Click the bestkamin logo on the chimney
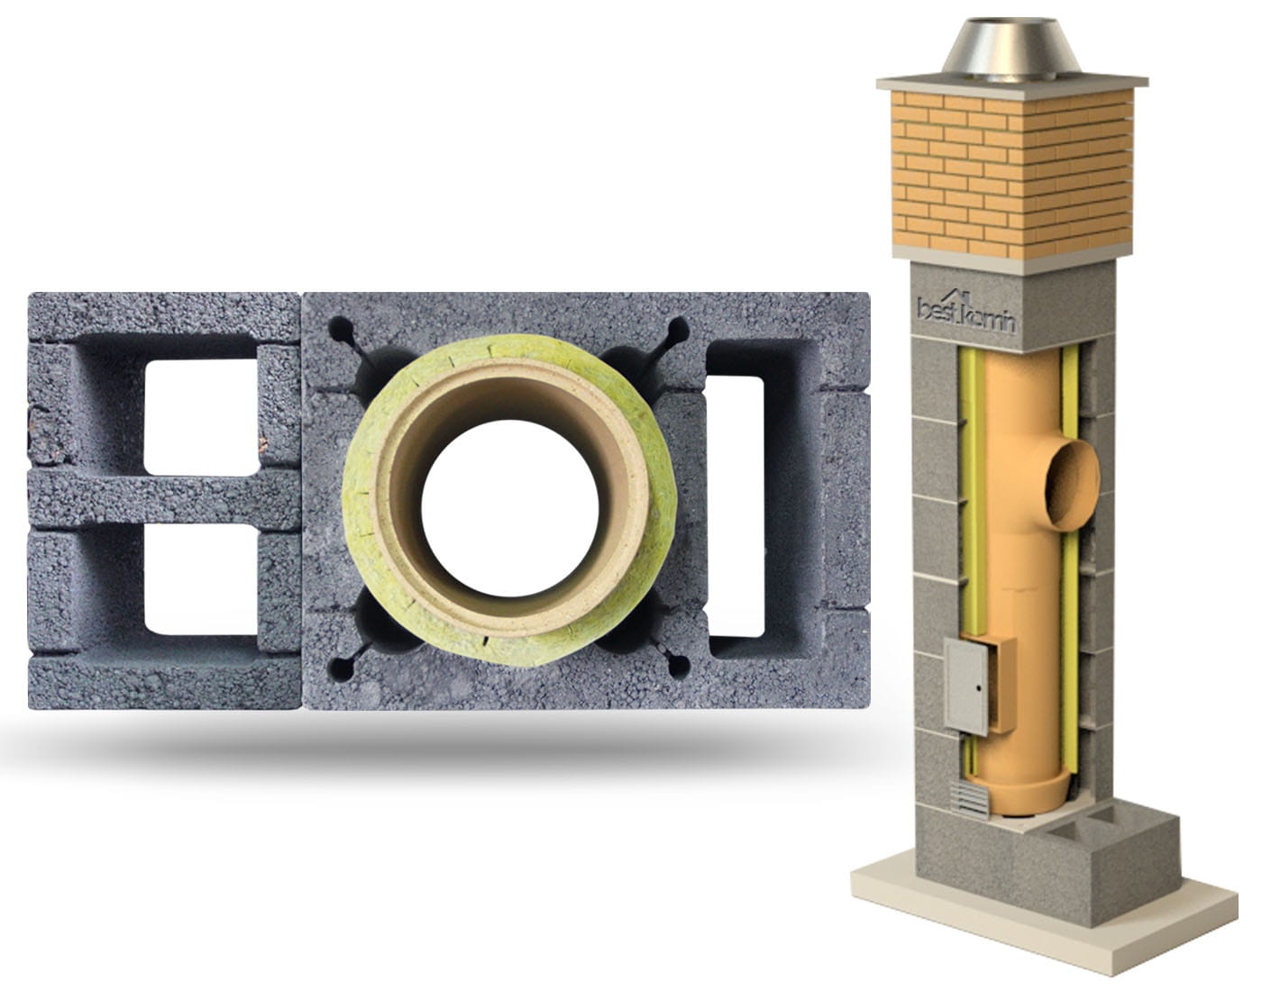pyautogui.click(x=965, y=314)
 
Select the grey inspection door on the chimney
pyautogui.click(x=966, y=686)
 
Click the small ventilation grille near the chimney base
pyautogui.click(x=970, y=801)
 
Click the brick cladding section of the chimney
pyautogui.click(x=1012, y=174)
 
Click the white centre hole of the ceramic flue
pyautogui.click(x=509, y=508)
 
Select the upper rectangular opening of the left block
pyautogui.click(x=201, y=416)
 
